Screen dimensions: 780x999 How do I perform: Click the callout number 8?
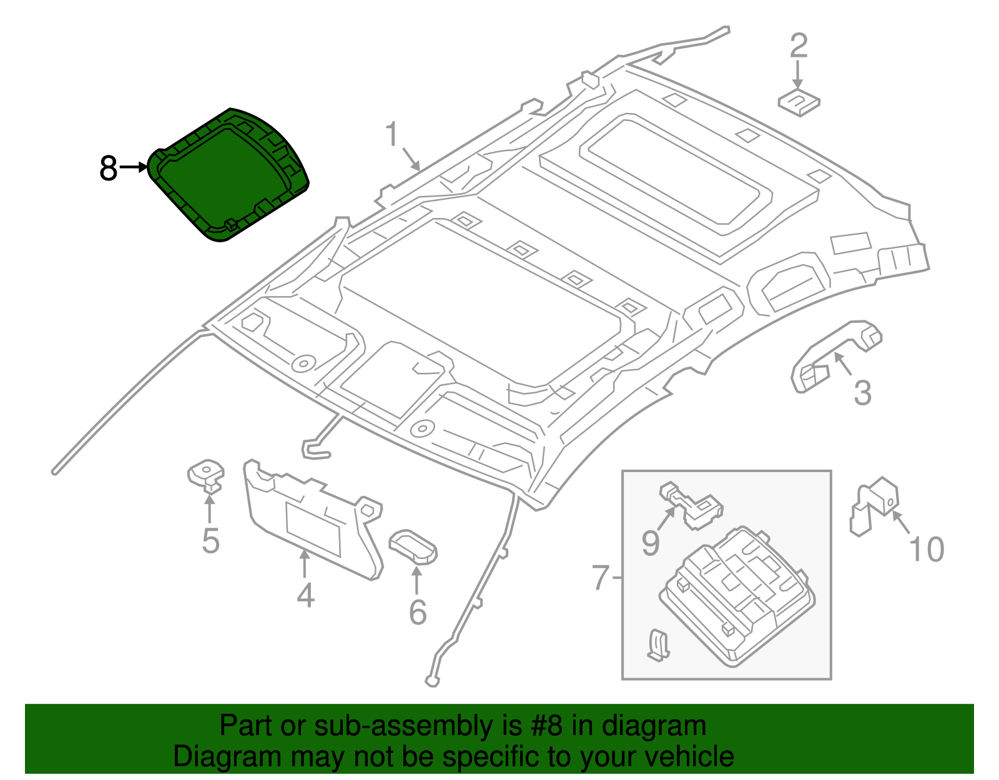108,169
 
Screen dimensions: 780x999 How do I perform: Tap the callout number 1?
391,134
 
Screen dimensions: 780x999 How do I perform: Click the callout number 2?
799,46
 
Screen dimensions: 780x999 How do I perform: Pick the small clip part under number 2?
799,102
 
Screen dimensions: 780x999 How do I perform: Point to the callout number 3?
862,393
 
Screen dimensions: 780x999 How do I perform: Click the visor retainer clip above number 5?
207,475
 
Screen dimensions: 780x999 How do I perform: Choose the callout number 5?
210,541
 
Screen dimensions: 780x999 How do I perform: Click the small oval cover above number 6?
413,546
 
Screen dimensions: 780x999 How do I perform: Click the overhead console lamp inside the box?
737,593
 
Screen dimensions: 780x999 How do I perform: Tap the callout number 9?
650,543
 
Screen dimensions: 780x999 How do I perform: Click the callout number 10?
927,550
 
